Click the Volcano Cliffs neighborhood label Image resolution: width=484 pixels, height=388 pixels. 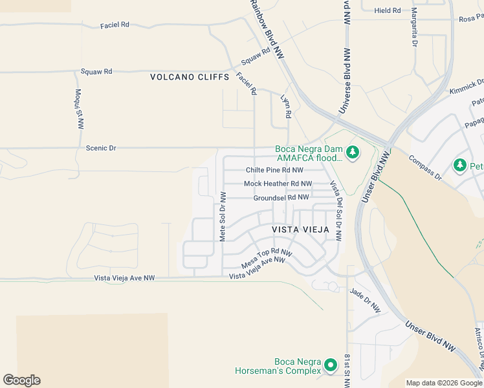point(190,77)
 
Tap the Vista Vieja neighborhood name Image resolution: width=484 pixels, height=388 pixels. point(300,230)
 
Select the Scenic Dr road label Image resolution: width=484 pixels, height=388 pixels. point(101,148)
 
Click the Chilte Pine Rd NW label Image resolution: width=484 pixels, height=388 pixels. point(274,171)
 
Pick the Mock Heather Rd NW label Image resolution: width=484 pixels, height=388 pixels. point(278,184)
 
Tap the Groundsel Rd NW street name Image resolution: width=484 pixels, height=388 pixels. point(281,198)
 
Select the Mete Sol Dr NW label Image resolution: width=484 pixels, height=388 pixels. point(223,217)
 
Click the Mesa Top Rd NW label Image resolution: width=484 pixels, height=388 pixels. point(267,259)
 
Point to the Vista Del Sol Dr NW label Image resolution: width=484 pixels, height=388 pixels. point(336,202)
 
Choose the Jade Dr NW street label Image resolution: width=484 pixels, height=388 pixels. point(366,301)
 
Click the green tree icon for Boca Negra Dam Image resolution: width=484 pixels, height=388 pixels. point(352,153)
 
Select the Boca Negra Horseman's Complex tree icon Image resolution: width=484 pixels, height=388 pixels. point(331,365)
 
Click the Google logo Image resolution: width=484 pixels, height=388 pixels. point(21,380)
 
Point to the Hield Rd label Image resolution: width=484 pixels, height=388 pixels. point(388,10)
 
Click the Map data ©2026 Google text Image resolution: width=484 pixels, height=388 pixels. point(443,383)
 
